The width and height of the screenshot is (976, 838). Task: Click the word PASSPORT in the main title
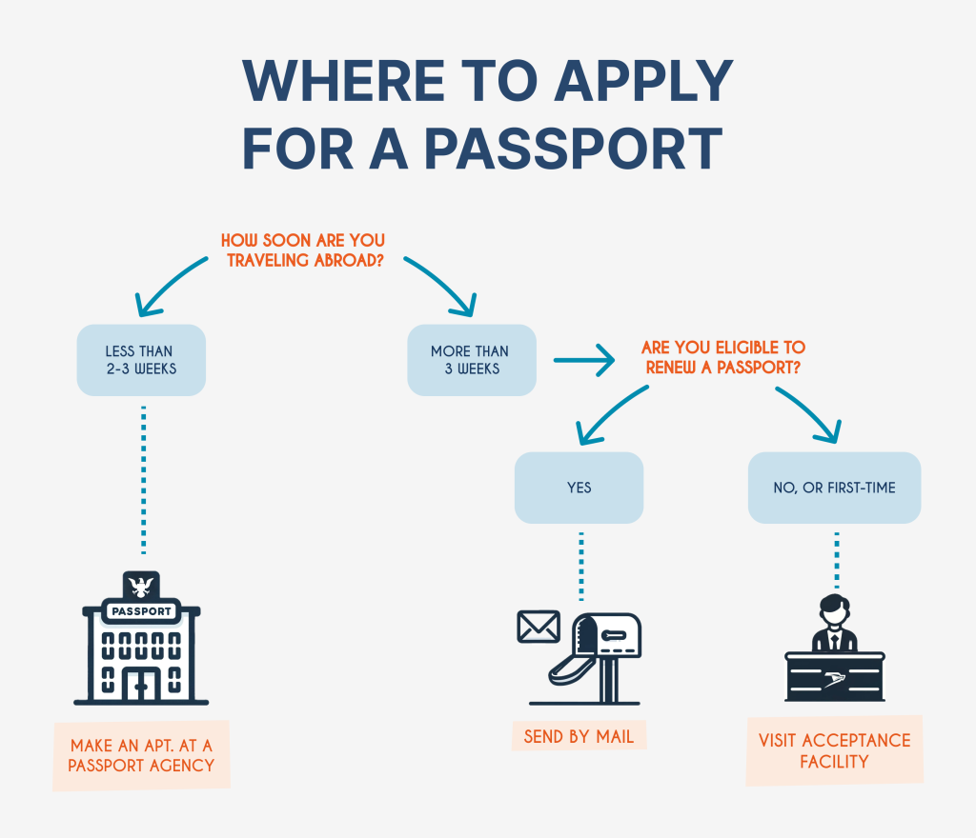pyautogui.click(x=573, y=148)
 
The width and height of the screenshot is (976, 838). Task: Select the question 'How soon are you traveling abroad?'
pyautogui.click(x=304, y=249)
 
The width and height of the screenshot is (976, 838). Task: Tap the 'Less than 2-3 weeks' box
pyautogui.click(x=141, y=360)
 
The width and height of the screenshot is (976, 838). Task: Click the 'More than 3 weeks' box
pyautogui.click(x=471, y=360)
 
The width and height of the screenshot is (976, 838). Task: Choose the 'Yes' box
pyautogui.click(x=579, y=488)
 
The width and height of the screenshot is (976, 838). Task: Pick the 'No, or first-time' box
pyautogui.click(x=834, y=488)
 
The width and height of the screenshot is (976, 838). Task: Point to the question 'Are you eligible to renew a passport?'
pyautogui.click(x=723, y=358)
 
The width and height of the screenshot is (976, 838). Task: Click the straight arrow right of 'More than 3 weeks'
pyautogui.click(x=583, y=361)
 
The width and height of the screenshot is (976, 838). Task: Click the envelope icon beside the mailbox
pyautogui.click(x=539, y=627)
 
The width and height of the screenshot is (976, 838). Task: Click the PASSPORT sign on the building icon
pyautogui.click(x=141, y=611)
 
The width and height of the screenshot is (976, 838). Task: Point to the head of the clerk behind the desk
pyautogui.click(x=834, y=609)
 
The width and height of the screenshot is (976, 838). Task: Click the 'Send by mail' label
pyautogui.click(x=579, y=736)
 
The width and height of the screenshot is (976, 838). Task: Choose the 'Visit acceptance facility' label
pyautogui.click(x=834, y=750)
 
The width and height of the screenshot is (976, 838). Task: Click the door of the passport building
pyautogui.click(x=141, y=683)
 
